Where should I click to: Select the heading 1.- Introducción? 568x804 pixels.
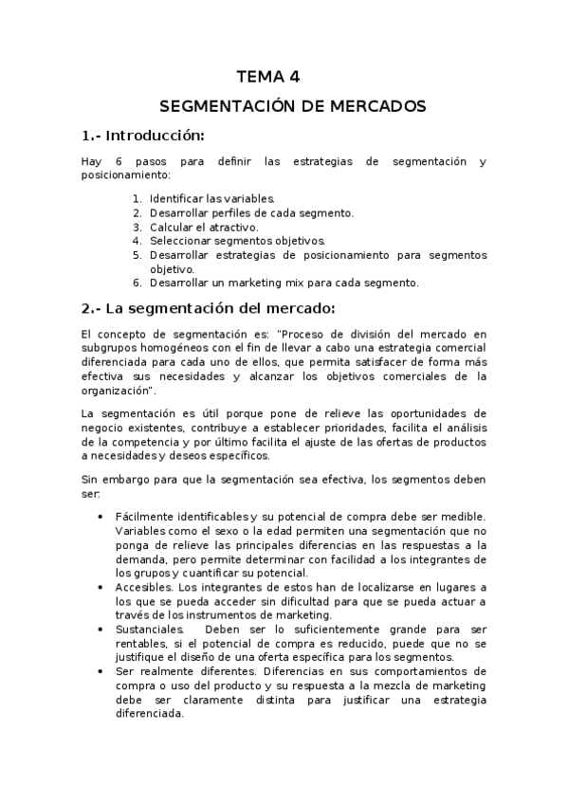(x=143, y=135)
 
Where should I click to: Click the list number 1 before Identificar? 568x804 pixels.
(x=137, y=199)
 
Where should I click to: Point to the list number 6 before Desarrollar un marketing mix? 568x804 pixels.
(x=137, y=283)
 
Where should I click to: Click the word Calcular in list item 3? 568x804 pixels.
(x=171, y=227)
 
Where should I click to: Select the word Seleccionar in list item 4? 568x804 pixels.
(x=179, y=241)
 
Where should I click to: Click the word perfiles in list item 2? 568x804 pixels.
(x=237, y=213)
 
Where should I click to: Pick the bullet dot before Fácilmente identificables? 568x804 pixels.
(x=101, y=517)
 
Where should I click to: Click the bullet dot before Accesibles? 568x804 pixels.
(x=101, y=588)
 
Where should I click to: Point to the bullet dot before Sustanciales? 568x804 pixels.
(x=101, y=630)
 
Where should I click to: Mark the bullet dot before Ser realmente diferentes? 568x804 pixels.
(x=101, y=671)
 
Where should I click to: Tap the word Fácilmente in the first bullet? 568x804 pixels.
(x=142, y=516)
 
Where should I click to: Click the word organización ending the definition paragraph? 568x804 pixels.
(x=117, y=390)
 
